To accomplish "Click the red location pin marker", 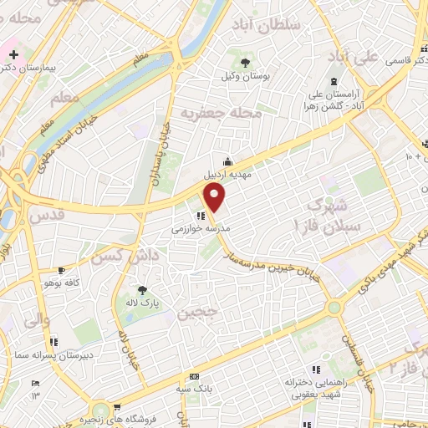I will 216,196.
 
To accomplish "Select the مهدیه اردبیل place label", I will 229,177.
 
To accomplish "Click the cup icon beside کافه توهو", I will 61,270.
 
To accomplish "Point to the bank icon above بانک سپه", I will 195,376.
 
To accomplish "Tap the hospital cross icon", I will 13,55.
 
